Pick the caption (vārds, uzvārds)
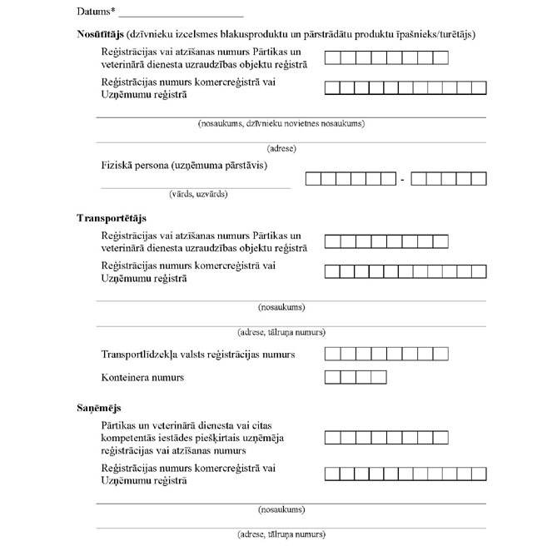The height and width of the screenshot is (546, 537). pos(197,194)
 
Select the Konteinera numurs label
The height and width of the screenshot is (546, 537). pos(142,378)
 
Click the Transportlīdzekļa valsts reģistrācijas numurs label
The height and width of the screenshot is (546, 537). pos(197,355)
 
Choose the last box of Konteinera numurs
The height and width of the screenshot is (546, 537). pos(379,378)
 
